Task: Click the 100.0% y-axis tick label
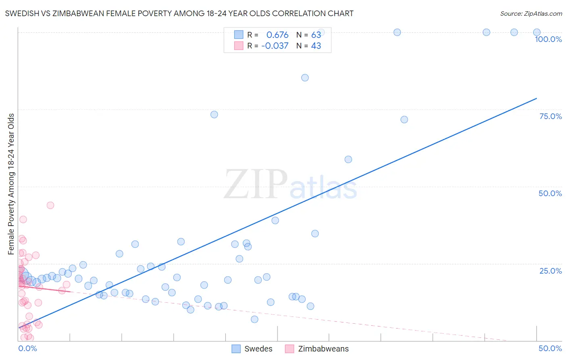click(x=548, y=39)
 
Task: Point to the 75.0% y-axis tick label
click(x=550, y=116)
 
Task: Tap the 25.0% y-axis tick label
click(x=550, y=270)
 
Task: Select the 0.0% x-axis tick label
click(x=27, y=348)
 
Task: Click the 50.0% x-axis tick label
click(x=550, y=348)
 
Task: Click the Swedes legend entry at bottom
click(x=252, y=349)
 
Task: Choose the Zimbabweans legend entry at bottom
click(x=317, y=349)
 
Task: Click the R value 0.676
click(x=277, y=35)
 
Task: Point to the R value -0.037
click(x=275, y=46)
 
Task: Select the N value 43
click(x=316, y=46)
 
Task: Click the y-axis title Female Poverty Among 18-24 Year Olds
click(x=11, y=184)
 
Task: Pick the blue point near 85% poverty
click(x=305, y=78)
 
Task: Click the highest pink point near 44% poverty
click(x=50, y=205)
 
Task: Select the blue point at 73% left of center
click(x=214, y=115)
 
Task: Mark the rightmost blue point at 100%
click(x=537, y=32)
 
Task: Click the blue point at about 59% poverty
click(x=348, y=159)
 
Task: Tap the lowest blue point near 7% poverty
click(x=254, y=319)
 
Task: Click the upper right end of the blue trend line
click(x=536, y=98)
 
